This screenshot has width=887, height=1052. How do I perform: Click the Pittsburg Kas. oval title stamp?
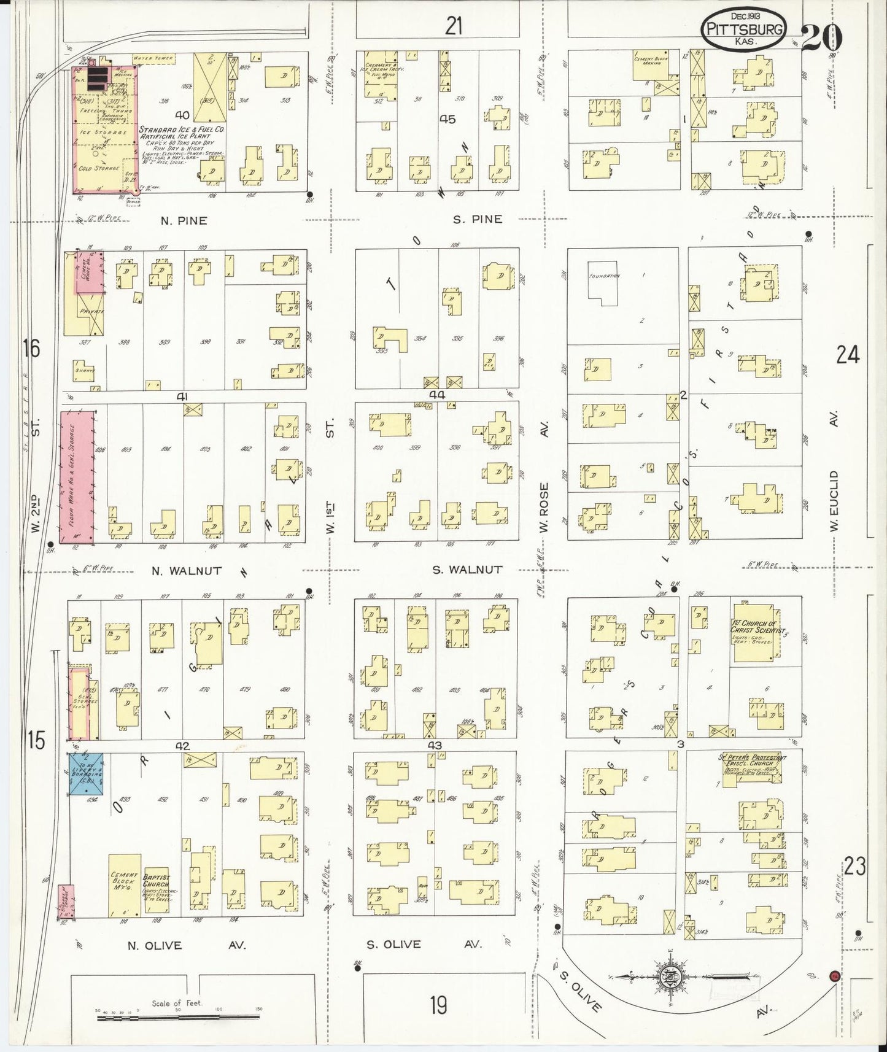743,29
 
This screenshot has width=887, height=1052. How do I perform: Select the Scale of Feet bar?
178,1018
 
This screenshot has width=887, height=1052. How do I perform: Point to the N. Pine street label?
184,221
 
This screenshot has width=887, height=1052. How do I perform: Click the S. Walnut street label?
467,570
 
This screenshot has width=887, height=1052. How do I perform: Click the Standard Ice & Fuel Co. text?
181,130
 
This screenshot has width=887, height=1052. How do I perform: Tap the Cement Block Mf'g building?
125,885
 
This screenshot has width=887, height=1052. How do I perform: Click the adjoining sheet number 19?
438,1005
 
